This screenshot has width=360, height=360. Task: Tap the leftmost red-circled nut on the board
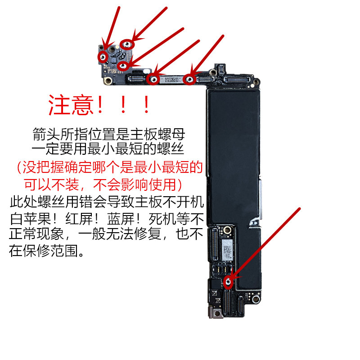coord(103,57)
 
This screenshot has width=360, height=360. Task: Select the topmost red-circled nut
coord(127,45)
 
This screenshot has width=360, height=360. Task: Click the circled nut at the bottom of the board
coord(228,282)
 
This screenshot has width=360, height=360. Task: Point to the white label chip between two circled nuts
coord(172,80)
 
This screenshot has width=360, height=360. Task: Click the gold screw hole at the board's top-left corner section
coord(108,81)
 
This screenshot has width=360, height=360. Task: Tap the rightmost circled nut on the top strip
coord(189,80)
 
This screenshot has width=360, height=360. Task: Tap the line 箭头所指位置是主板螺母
coord(108,134)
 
